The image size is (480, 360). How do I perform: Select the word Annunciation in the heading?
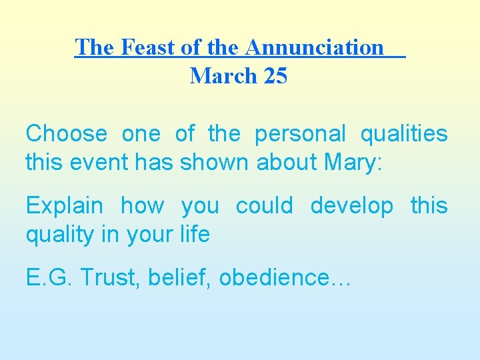(315, 47)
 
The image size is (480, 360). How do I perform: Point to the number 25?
(275, 76)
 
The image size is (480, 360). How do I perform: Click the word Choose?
(66, 134)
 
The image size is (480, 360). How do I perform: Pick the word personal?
(300, 134)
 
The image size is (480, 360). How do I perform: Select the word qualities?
(404, 134)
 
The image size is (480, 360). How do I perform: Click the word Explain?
(64, 207)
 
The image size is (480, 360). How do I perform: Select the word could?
(264, 206)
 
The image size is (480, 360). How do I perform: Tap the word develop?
(352, 207)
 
